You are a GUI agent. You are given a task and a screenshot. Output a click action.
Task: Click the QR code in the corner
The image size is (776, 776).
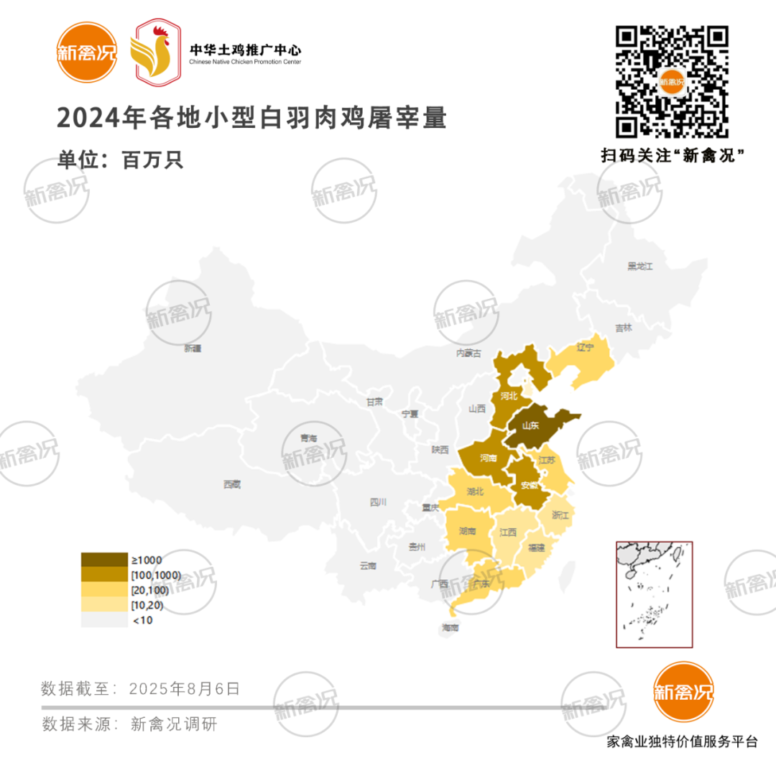[x=672, y=82]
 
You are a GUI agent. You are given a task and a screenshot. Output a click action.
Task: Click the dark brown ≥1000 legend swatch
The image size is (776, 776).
[x=103, y=560]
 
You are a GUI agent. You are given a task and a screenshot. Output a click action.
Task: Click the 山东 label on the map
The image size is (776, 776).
[x=531, y=425]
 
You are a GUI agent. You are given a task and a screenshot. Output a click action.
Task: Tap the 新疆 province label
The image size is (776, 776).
[x=193, y=348]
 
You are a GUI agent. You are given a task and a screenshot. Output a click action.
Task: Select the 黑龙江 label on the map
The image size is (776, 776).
[x=639, y=267]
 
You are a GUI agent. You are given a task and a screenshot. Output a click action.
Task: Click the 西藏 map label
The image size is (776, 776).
[x=231, y=485]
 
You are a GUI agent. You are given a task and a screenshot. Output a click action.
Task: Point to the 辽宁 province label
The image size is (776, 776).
[x=586, y=348]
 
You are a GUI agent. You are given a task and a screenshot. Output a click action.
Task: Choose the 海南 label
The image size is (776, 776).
[x=450, y=628]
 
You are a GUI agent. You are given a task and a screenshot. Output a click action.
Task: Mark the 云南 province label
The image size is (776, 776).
[x=367, y=565]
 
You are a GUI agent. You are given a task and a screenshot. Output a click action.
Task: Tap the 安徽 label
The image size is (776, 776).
[x=529, y=486]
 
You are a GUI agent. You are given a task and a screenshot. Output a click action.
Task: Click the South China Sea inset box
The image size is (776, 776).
[x=654, y=594]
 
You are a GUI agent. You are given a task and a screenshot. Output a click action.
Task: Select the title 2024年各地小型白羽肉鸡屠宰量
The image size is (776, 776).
[x=251, y=119]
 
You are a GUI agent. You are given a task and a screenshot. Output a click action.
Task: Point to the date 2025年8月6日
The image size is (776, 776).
[x=185, y=688]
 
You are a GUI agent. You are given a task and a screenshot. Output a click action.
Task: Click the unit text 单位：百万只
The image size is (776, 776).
[x=121, y=160]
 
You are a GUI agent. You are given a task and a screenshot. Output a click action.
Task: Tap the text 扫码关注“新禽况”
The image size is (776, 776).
[x=672, y=155]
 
